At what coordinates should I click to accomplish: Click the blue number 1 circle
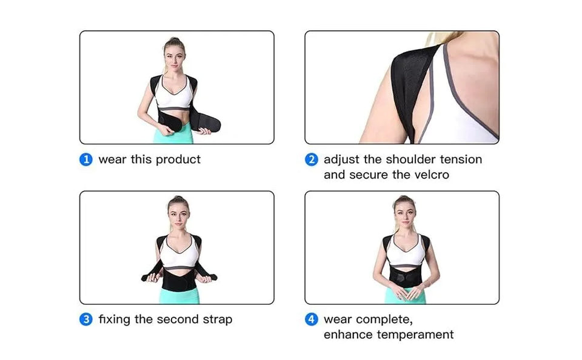pos(86,160)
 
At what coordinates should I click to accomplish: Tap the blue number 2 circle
pos(311,160)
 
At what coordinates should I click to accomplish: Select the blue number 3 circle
pos(86,319)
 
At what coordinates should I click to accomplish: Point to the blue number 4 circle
pos(311,319)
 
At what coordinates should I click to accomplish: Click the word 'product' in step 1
pos(178,160)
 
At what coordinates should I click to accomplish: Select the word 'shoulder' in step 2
pos(394,160)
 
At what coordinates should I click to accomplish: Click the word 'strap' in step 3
pos(214,319)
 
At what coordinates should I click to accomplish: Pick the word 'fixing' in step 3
pos(114,319)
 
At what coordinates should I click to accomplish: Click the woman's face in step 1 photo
pos(173,55)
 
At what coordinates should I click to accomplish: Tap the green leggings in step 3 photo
pos(178,295)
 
